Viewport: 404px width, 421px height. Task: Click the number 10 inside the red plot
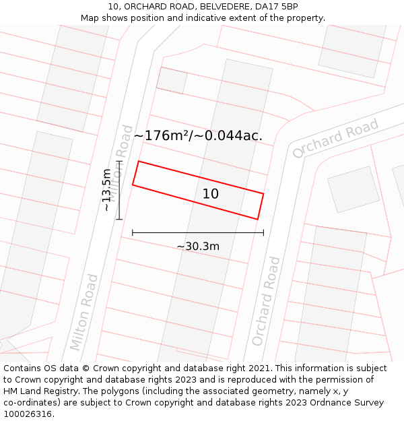(x=211, y=194)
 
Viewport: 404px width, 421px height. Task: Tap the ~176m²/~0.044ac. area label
(x=198, y=135)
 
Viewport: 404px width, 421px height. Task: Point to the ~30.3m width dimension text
(x=198, y=247)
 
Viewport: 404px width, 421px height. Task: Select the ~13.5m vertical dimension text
(x=106, y=191)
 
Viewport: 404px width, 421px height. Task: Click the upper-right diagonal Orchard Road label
(x=335, y=139)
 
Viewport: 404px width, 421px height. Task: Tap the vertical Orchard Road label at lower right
(x=265, y=300)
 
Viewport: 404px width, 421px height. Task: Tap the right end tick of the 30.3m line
(x=263, y=232)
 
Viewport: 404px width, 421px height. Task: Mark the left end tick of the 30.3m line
(x=133, y=232)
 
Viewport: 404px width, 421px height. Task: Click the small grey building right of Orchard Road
(x=353, y=189)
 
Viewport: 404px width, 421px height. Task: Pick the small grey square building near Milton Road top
(x=172, y=80)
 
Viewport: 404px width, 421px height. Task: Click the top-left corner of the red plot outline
(x=139, y=162)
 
